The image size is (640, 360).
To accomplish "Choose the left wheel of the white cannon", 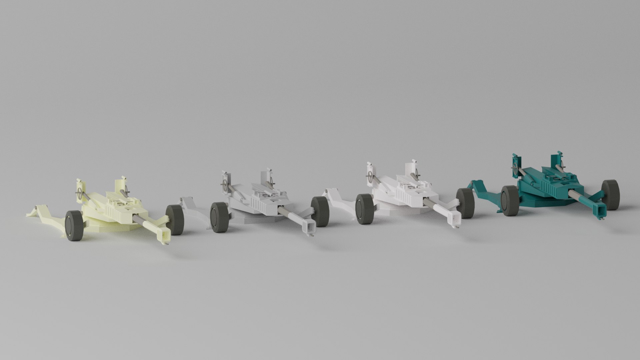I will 365,209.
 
